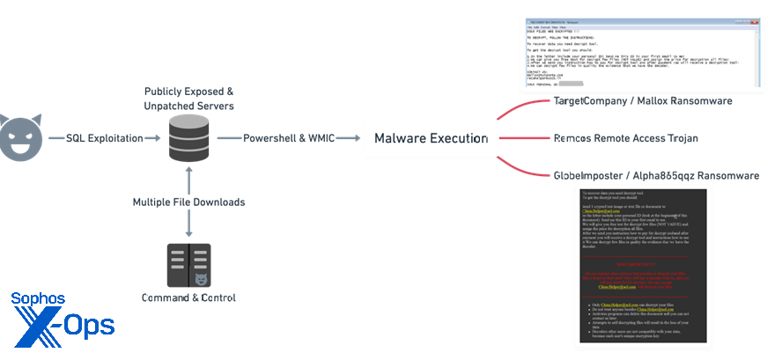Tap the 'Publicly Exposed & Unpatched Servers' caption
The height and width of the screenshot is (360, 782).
(x=188, y=99)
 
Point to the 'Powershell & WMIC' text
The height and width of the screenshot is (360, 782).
(x=287, y=138)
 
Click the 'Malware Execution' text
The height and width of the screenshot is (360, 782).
(x=431, y=138)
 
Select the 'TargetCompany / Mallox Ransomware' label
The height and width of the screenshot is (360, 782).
(x=642, y=101)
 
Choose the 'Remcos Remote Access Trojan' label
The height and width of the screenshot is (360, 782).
(x=626, y=138)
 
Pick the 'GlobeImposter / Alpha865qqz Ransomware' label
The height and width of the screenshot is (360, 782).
(x=656, y=175)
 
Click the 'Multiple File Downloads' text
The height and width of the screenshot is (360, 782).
(x=188, y=202)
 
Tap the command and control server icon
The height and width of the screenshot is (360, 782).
(x=188, y=265)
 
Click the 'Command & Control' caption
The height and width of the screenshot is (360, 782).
(x=188, y=298)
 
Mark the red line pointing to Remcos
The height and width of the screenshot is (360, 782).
(x=520, y=138)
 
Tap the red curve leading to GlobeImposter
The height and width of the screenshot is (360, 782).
(x=520, y=168)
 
